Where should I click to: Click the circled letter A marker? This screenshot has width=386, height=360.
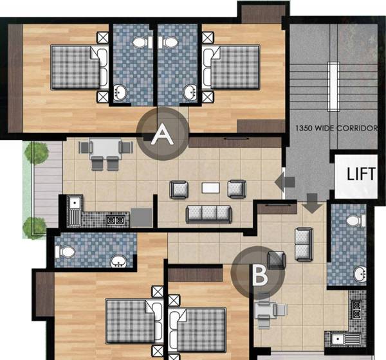coord(163,135)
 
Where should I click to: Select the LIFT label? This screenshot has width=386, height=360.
coord(361,174)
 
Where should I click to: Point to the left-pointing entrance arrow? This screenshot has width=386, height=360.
coord(280,183)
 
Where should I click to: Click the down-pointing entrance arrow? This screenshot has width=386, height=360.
coord(312,204)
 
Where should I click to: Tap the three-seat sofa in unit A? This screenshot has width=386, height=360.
coord(208,213)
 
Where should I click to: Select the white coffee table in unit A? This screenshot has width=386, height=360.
coord(210,188)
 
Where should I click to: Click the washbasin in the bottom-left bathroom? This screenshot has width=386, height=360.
coord(118,261)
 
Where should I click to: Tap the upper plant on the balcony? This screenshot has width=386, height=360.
coord(36,153)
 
